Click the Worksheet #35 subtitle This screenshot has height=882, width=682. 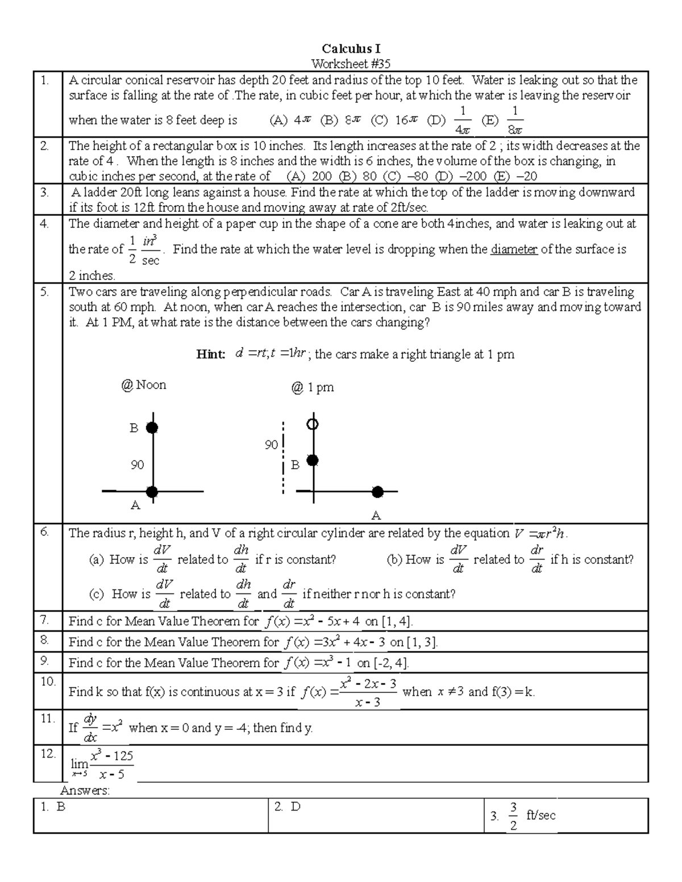pos(351,64)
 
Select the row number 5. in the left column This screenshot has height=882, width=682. pos(45,292)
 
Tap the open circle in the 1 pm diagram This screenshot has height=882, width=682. pos(312,424)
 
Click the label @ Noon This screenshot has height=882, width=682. pos(143,385)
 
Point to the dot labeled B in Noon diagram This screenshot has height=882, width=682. pos(152,428)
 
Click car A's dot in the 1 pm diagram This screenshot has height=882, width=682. pos(377,492)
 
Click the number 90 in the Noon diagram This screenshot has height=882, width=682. pos(137,465)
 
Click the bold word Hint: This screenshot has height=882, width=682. pos(211,354)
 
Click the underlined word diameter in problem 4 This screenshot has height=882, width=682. pos(514,249)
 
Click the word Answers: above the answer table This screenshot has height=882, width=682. pos(85,791)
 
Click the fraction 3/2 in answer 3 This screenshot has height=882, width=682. pos(513,816)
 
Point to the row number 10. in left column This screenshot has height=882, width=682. pos(48,681)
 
